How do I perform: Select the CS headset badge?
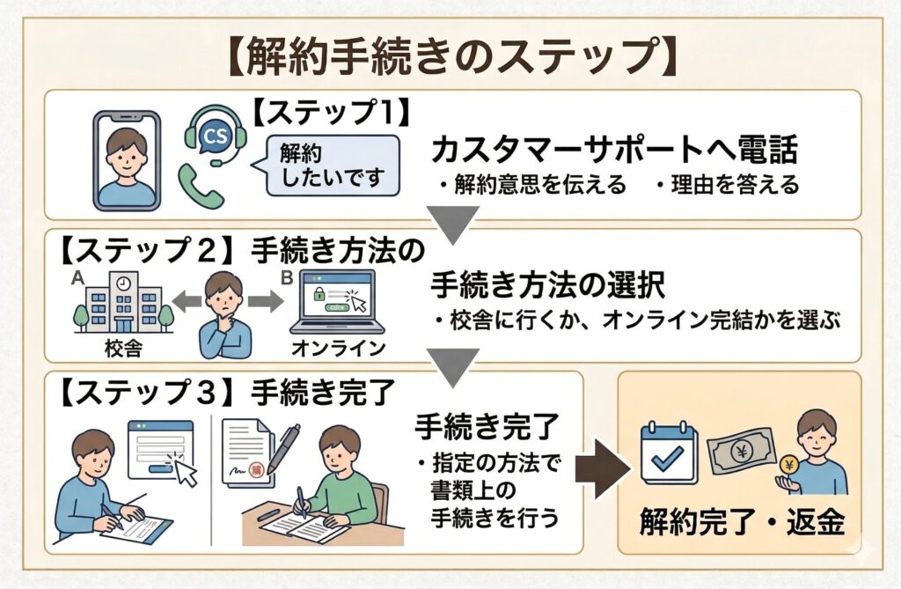214,136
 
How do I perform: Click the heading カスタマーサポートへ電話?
614,151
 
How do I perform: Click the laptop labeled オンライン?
338,303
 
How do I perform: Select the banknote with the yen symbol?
741,451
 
